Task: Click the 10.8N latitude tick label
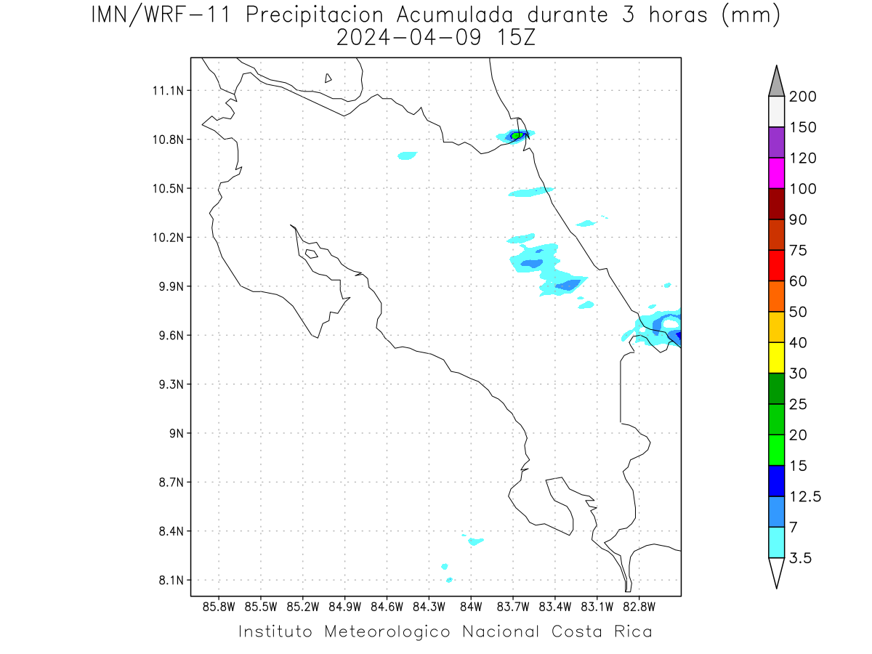168,140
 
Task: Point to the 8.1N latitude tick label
171,581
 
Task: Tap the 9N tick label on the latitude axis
177,434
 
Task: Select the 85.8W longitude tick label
219,607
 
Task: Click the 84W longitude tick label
471,607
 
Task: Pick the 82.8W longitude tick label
639,607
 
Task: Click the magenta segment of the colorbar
776,173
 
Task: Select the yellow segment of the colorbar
776,358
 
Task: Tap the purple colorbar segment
776,142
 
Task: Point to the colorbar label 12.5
805,497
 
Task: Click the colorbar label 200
802,97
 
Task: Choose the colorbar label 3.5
800,558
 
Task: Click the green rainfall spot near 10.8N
517,136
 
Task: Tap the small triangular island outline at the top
328,78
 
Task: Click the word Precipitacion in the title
315,16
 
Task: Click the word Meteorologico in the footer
387,632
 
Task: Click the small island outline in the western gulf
312,254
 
